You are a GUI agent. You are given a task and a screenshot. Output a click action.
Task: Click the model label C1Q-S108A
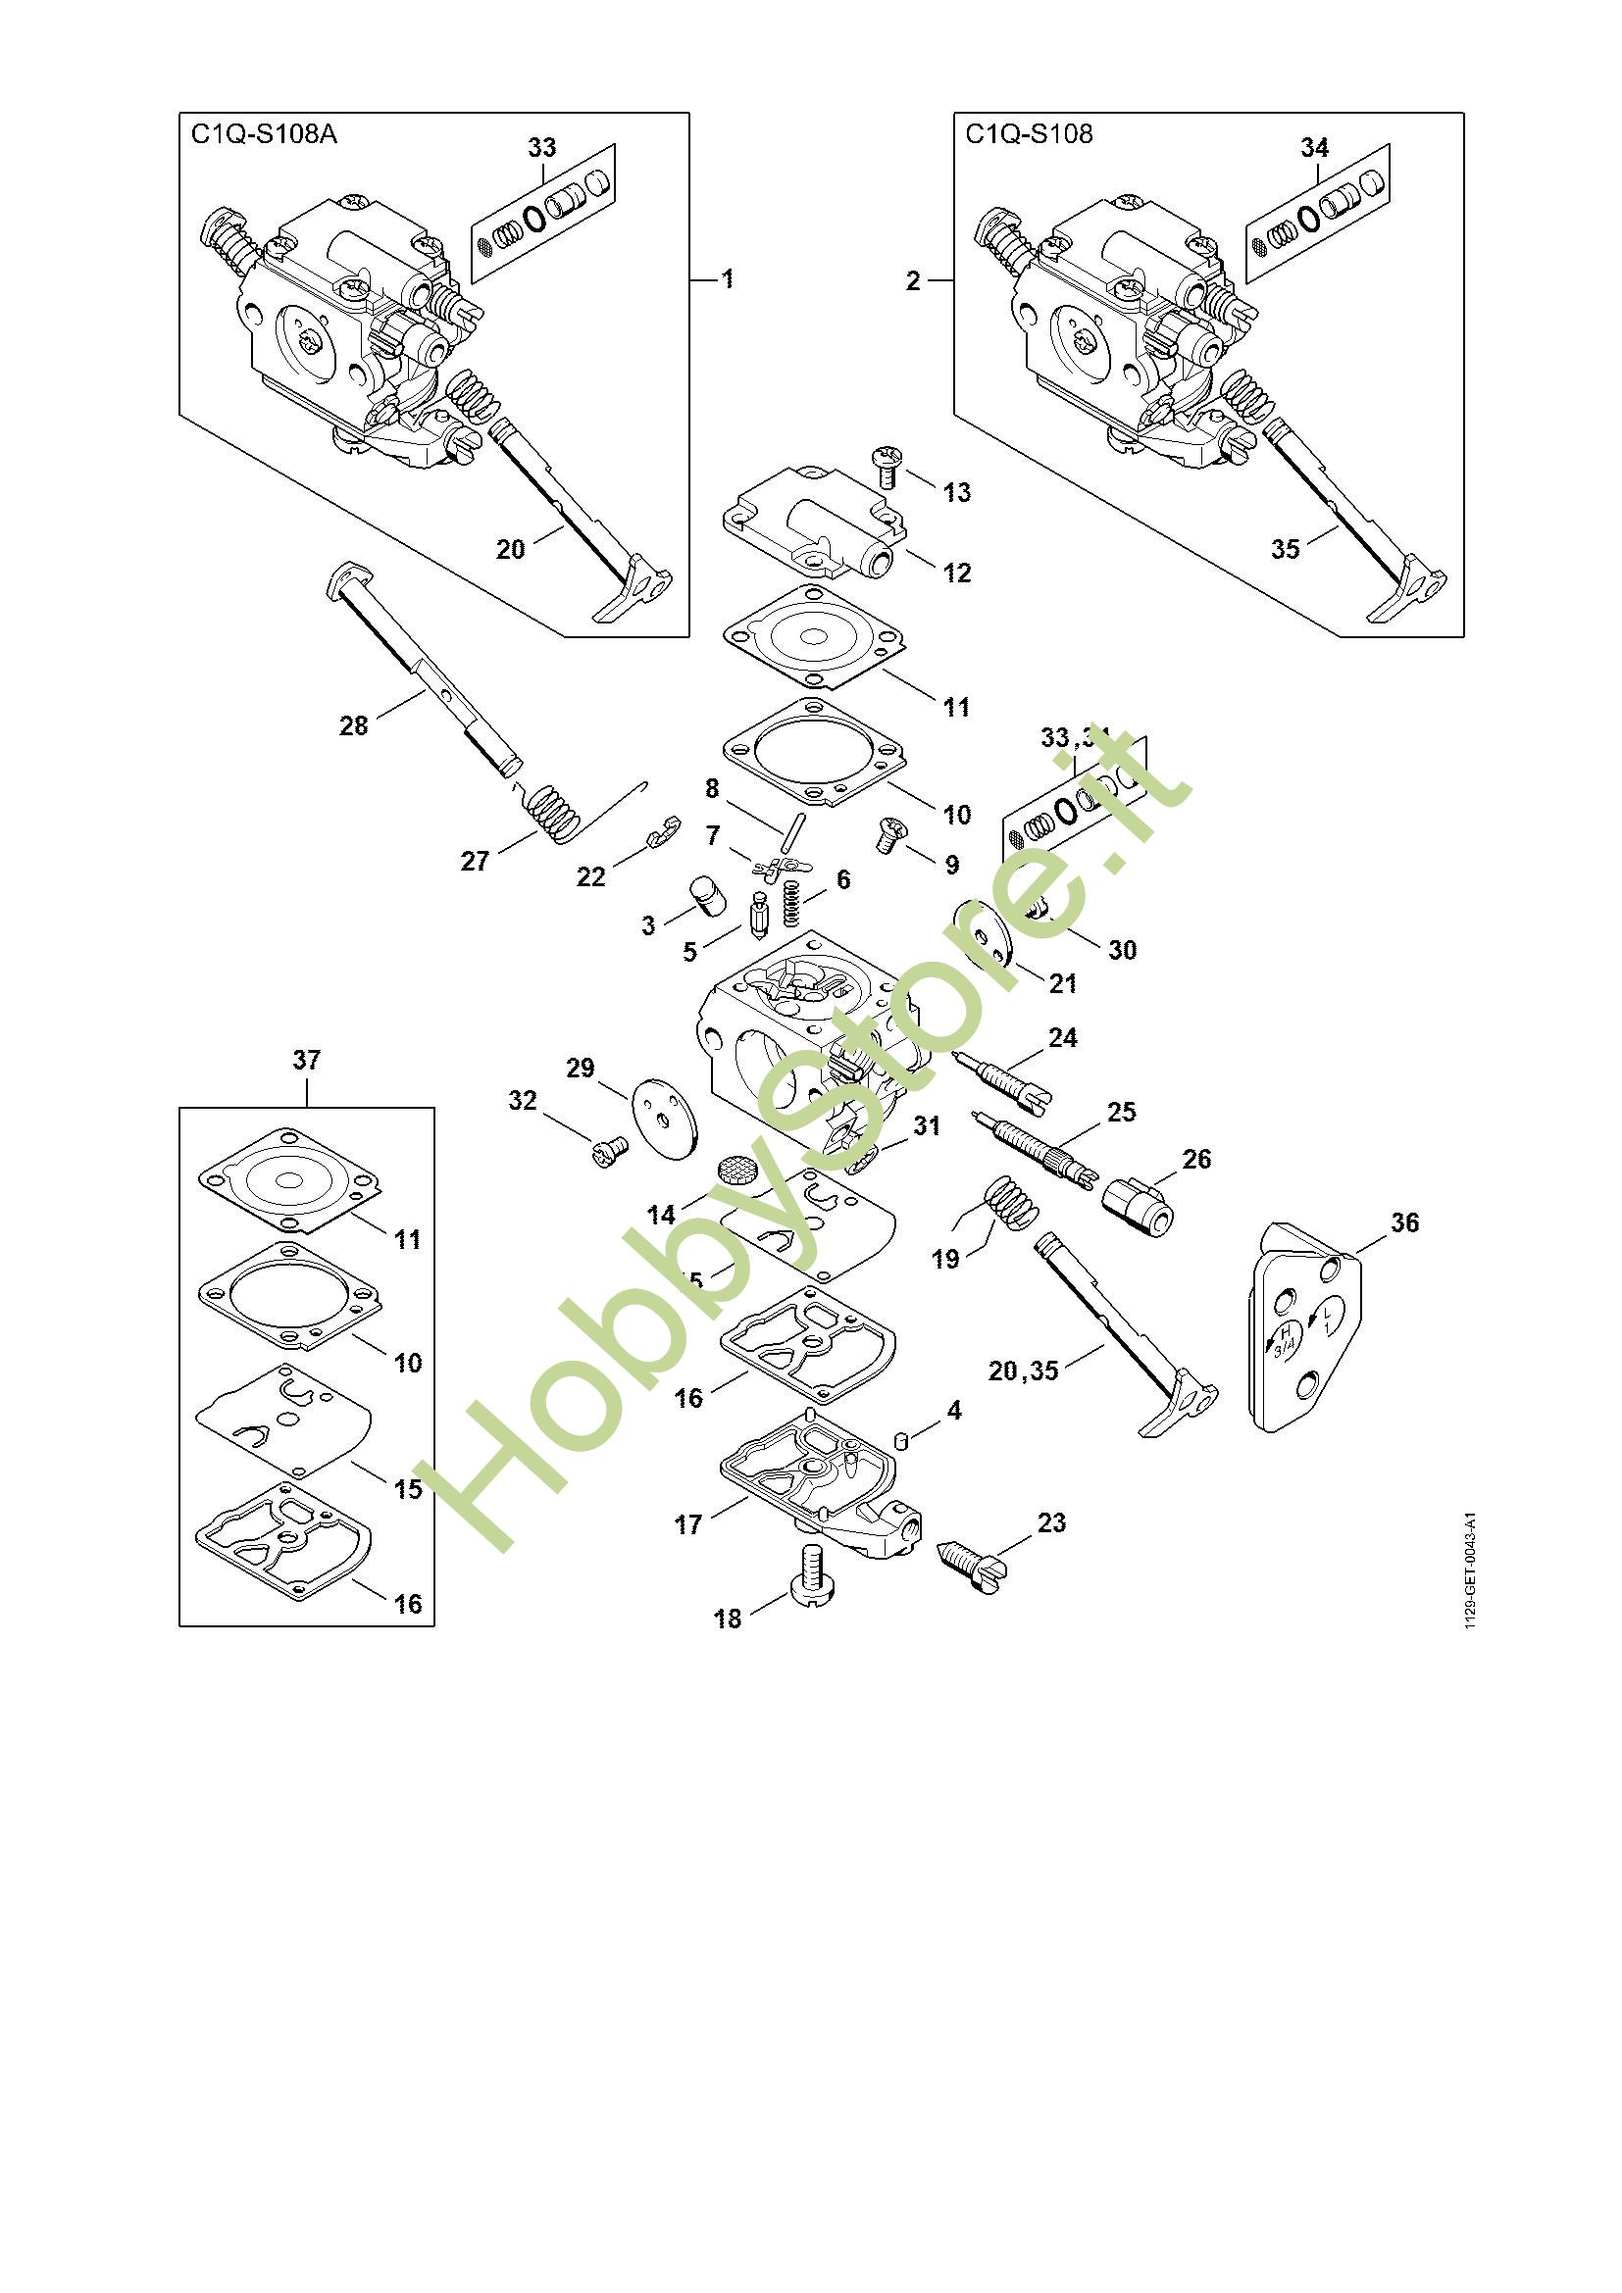pos(264,135)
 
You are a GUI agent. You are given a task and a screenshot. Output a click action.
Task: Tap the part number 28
pos(354,726)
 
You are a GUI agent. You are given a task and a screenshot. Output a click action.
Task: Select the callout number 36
pos(1404,1222)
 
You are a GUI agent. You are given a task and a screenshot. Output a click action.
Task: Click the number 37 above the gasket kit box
pos(306,1061)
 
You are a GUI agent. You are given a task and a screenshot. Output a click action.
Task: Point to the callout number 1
pos(728,279)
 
